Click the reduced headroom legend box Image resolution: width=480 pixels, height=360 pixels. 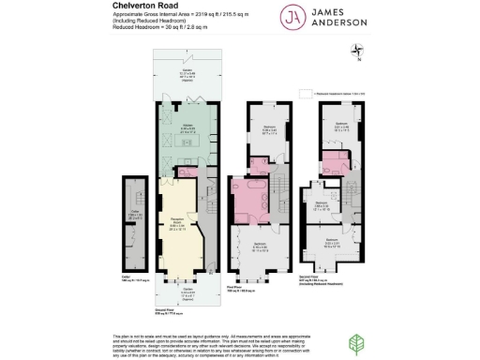point(304,94)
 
